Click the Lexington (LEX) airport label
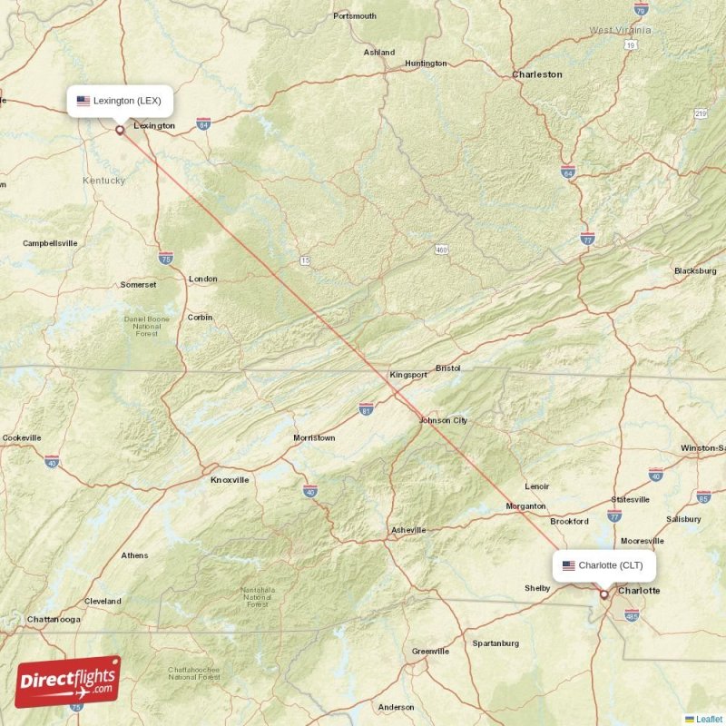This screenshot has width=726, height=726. point(120,101)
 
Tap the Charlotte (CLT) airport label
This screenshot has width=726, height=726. point(604,565)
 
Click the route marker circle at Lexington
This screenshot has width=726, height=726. point(120,130)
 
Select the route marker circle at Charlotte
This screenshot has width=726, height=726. point(603,594)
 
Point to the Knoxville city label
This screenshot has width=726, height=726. point(230,480)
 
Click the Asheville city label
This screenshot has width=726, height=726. point(408,530)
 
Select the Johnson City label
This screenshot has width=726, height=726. point(443,420)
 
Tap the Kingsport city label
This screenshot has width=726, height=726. point(407,375)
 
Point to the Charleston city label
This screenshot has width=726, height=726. point(537,74)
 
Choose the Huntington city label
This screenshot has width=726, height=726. point(426,64)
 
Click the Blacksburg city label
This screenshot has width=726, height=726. point(695,271)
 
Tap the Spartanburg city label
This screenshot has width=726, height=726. point(495,643)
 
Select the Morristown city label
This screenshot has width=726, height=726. point(314,438)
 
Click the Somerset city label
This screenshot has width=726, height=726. point(138,285)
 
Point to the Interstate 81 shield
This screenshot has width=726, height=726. point(366,409)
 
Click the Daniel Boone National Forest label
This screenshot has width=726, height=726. point(147,326)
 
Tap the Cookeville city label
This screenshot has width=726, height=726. point(22,438)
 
